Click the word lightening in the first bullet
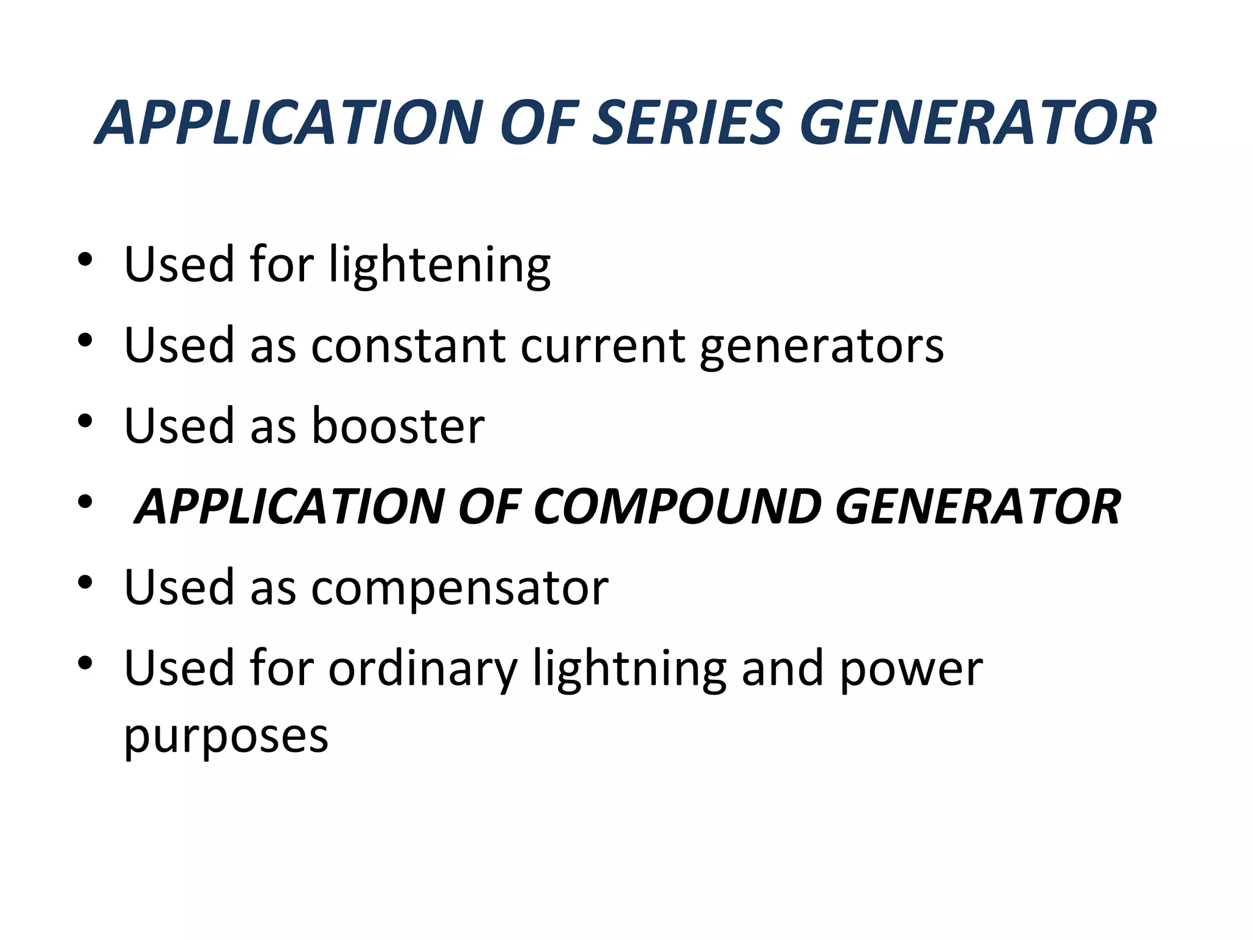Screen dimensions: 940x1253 tap(439, 266)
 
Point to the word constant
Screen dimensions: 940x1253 tap(408, 346)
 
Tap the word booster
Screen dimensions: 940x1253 tap(398, 426)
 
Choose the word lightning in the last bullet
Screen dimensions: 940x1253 tap(630, 670)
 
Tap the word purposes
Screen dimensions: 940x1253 tap(226, 737)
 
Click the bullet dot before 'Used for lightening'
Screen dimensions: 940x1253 tap(85, 259)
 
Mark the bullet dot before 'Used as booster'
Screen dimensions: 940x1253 tap(85, 421)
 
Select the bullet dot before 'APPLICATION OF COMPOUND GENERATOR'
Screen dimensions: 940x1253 tap(85, 502)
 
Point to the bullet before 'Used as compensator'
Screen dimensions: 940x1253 tap(85, 583)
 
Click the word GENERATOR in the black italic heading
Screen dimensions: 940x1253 tap(978, 507)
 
